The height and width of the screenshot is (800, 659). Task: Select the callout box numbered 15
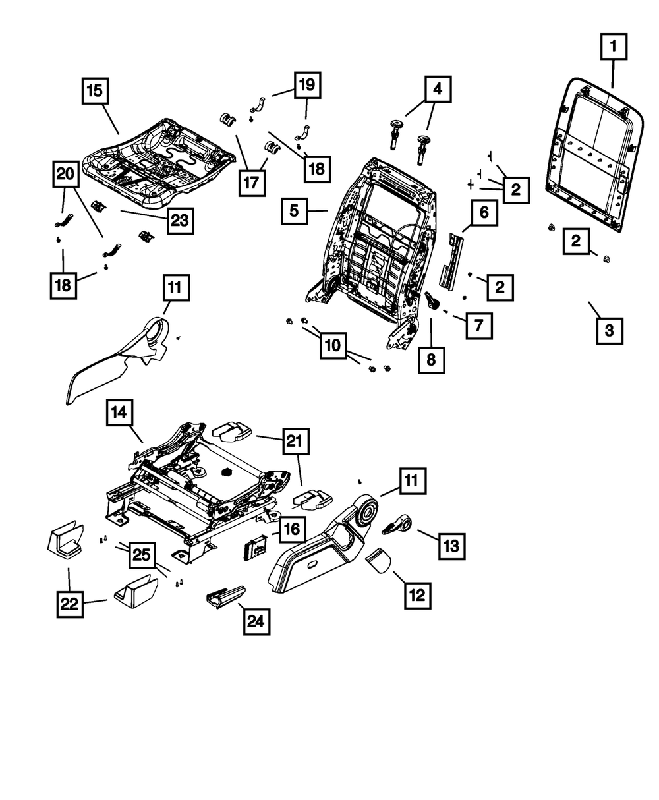click(x=95, y=92)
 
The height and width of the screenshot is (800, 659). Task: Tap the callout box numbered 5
click(x=294, y=211)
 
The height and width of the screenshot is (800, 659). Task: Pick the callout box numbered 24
click(x=256, y=621)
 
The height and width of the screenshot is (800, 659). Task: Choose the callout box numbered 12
click(x=416, y=596)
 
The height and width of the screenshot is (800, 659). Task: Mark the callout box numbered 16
click(x=291, y=529)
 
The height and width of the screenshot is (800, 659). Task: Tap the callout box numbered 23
click(x=179, y=221)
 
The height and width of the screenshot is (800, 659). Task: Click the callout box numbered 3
click(x=609, y=330)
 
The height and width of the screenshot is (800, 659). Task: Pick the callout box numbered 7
click(x=478, y=325)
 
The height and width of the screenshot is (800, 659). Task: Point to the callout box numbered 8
click(x=431, y=360)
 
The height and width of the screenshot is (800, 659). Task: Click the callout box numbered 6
click(x=484, y=214)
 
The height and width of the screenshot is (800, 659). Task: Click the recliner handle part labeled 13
click(x=397, y=525)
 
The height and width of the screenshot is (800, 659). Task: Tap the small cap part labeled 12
click(x=378, y=561)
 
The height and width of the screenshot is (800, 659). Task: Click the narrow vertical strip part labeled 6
click(x=453, y=260)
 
